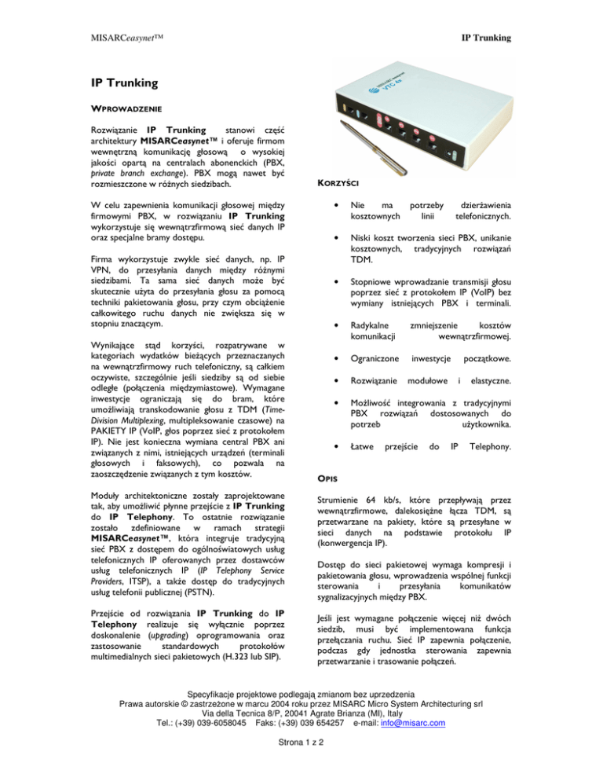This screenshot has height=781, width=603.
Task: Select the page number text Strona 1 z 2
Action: pyautogui.click(x=301, y=768)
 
